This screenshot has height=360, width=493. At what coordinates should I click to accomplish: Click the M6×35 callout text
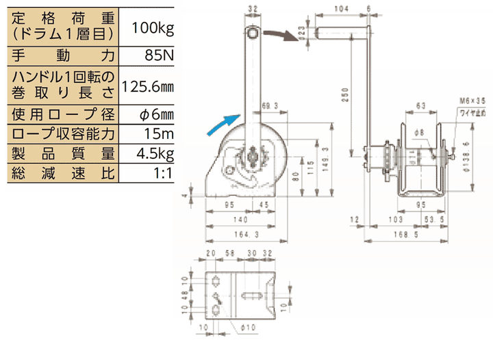pyautogui.click(x=472, y=101)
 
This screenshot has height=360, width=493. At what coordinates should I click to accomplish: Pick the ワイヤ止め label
pyautogui.click(x=472, y=110)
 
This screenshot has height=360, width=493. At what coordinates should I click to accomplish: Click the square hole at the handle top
pyautogui.click(x=253, y=33)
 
